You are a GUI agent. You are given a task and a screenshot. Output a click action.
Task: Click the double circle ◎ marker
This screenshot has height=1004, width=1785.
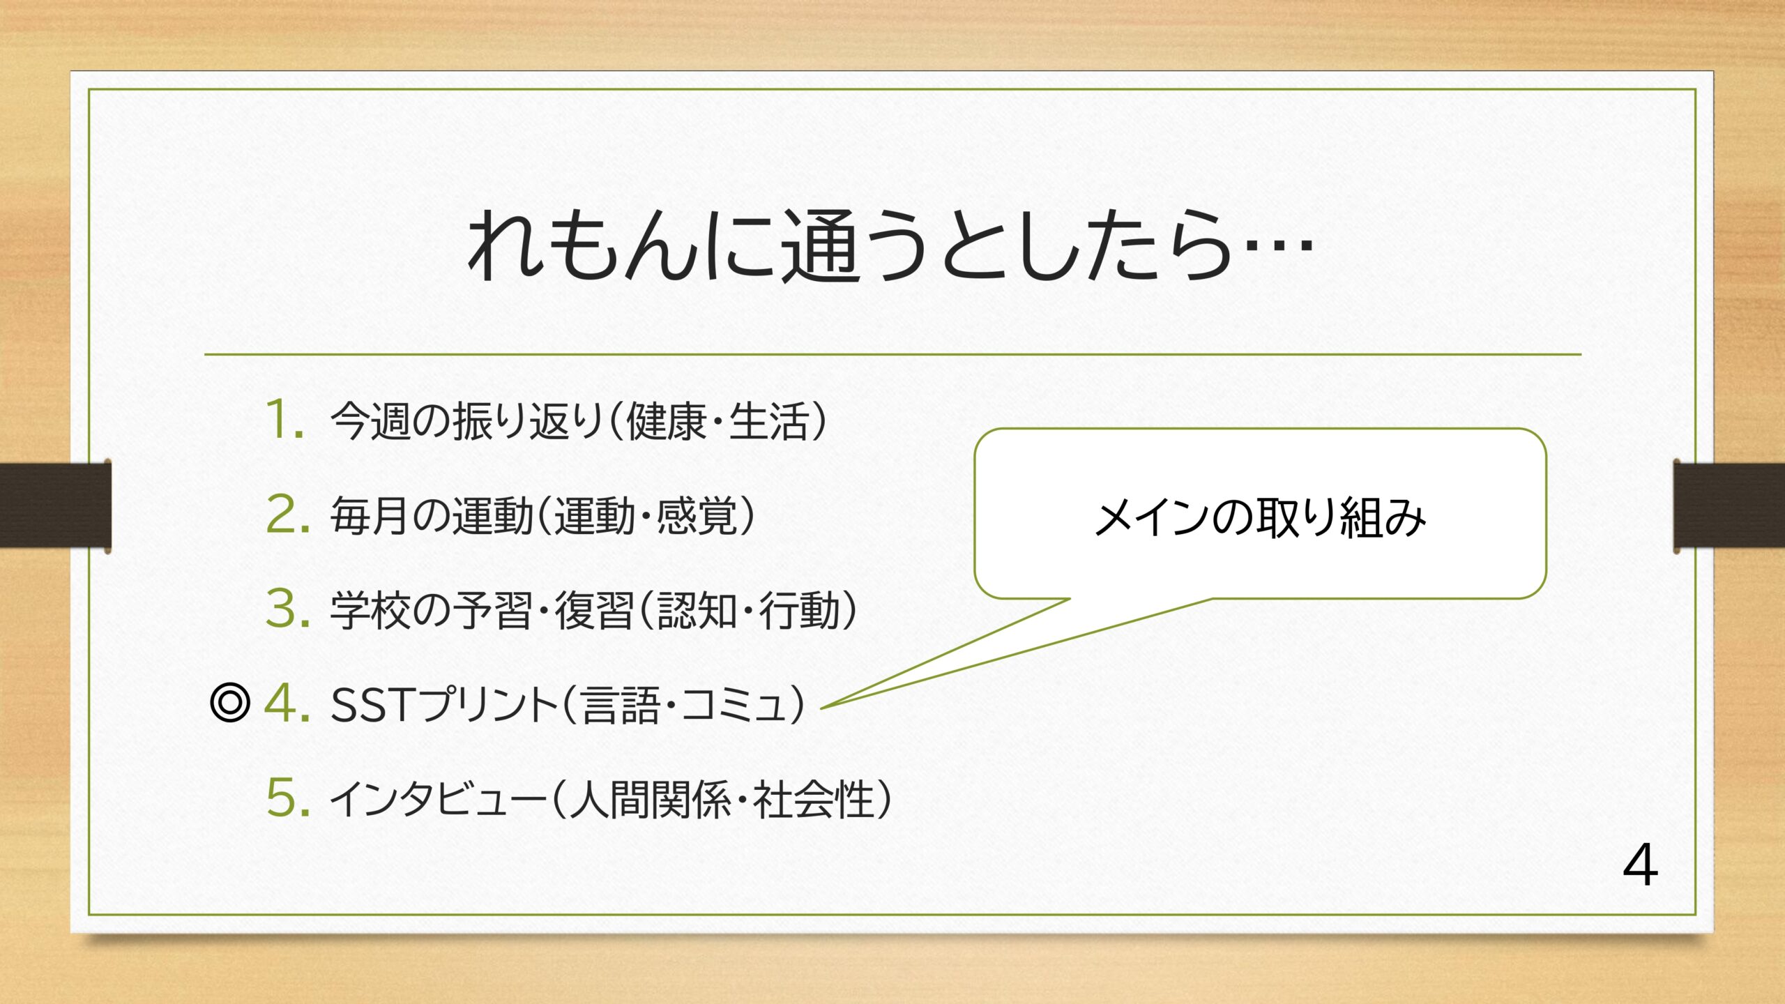pyautogui.click(x=229, y=703)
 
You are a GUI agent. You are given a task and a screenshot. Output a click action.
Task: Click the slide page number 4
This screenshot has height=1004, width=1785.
pyautogui.click(x=1641, y=865)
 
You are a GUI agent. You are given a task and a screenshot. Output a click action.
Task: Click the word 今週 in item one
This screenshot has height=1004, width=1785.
pyautogui.click(x=370, y=421)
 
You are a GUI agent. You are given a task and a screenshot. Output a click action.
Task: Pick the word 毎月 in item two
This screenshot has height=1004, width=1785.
pyautogui.click(x=370, y=515)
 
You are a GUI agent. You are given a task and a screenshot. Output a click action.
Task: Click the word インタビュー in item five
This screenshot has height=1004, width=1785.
pyautogui.click(x=438, y=798)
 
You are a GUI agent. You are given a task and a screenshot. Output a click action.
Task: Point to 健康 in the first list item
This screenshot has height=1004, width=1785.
pyautogui.click(x=666, y=421)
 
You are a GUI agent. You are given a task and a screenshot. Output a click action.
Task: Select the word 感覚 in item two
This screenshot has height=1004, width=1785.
pyautogui.click(x=696, y=515)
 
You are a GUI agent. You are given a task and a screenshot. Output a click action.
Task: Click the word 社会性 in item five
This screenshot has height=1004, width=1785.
pyautogui.click(x=814, y=798)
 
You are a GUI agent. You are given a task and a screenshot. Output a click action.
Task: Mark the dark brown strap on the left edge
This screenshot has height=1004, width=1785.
pyautogui.click(x=55, y=505)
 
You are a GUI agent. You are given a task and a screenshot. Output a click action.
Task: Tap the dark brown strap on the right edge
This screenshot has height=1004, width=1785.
pyautogui.click(x=1729, y=505)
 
